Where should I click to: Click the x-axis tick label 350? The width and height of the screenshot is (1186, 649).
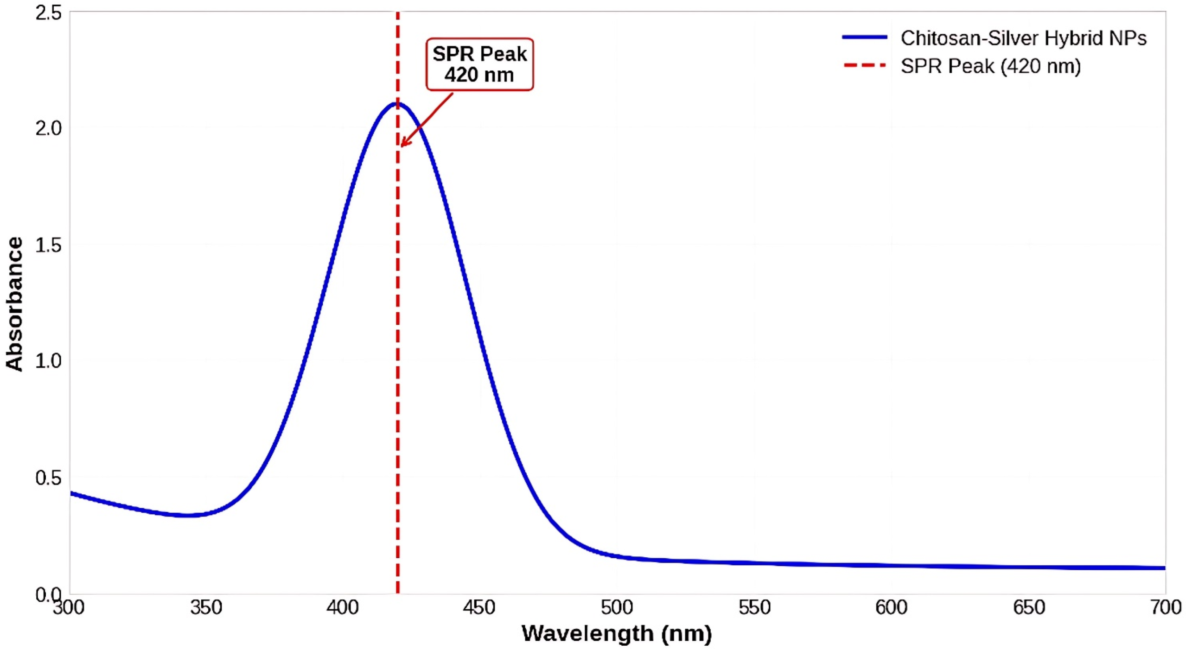coord(206,607)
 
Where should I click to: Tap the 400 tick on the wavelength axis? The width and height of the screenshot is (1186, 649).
coord(343,607)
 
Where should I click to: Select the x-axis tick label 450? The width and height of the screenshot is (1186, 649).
coord(479,607)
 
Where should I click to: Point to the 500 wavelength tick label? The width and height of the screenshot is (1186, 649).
coord(617,607)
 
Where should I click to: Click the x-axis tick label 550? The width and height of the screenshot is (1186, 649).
coord(754,607)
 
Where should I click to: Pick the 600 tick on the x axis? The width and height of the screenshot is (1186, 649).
coord(891,607)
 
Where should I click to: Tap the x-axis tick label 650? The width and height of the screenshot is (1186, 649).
coord(1028,607)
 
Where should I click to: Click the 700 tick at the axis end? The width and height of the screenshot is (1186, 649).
coord(1165,607)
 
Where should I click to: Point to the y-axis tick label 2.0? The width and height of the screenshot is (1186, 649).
coord(48,129)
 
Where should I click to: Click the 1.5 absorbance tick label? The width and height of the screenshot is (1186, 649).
coord(48,246)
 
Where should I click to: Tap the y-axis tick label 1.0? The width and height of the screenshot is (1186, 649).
coord(48,361)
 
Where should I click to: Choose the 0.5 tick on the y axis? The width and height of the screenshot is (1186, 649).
coord(48,478)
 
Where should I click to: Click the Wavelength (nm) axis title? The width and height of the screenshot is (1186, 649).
coord(617,633)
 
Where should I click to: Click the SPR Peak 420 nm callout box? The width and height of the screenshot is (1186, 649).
coord(479,64)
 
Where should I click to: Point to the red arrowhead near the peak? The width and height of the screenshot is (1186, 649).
coord(403,144)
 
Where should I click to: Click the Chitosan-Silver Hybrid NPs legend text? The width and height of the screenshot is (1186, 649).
coord(1023,38)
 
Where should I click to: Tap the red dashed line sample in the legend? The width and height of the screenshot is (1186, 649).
coord(865,66)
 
